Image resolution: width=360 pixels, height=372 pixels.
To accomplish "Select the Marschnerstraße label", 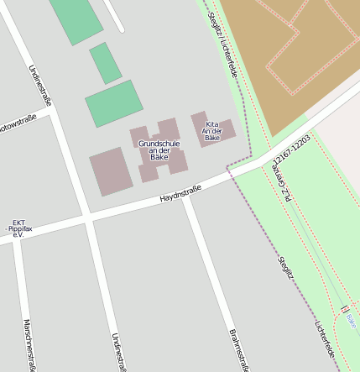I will [29, 344].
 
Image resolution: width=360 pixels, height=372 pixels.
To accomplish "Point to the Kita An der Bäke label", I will [212, 129].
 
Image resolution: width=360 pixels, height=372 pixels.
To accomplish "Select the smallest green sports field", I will [105, 63].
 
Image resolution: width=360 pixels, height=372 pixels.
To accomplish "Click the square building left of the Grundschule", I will [111, 171].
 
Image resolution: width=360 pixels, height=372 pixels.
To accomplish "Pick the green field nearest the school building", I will [113, 103].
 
